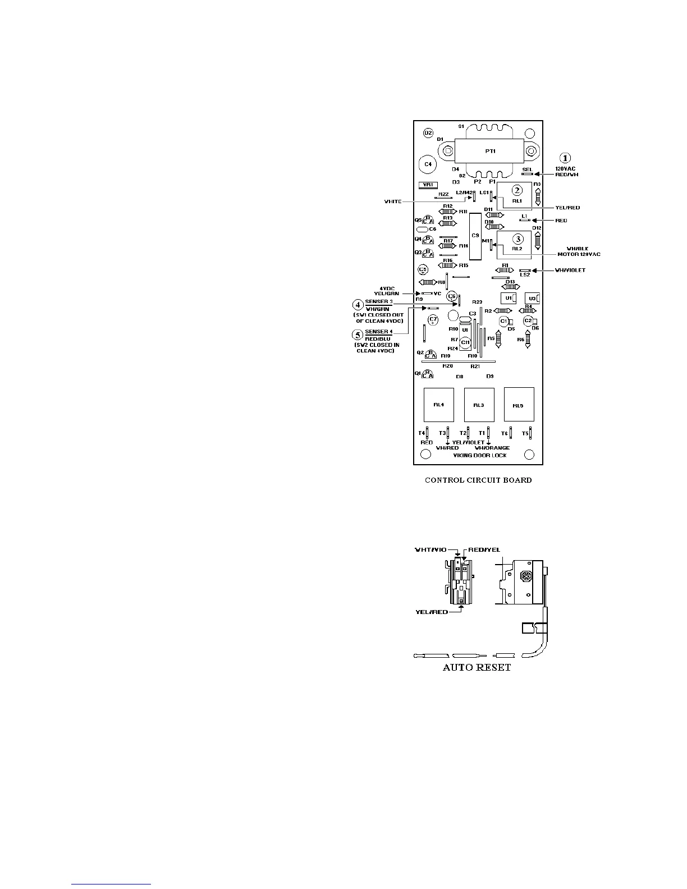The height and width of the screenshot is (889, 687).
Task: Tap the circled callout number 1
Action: point(566,158)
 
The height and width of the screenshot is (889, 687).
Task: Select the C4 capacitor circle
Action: point(428,164)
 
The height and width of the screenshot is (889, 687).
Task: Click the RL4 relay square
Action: point(439,405)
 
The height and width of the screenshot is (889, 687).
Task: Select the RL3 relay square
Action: point(479,405)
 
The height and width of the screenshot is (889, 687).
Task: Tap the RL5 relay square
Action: point(518,405)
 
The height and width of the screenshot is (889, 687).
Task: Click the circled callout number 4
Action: point(358,305)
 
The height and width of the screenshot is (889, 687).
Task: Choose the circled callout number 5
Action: point(358,334)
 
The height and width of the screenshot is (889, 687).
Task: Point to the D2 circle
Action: point(428,133)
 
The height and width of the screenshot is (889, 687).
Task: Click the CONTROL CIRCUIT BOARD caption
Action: point(478,480)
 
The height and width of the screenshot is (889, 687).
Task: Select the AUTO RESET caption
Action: point(477,668)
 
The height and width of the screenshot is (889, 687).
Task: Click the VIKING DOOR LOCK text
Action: point(480,455)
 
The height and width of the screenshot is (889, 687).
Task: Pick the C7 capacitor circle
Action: point(433,320)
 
